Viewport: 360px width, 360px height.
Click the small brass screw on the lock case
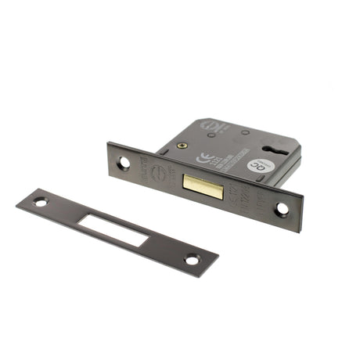[182, 146]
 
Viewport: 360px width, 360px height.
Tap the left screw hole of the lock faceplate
[124, 163]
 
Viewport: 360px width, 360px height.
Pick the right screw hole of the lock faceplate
[282, 209]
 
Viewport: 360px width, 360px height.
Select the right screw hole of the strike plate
[192, 259]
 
